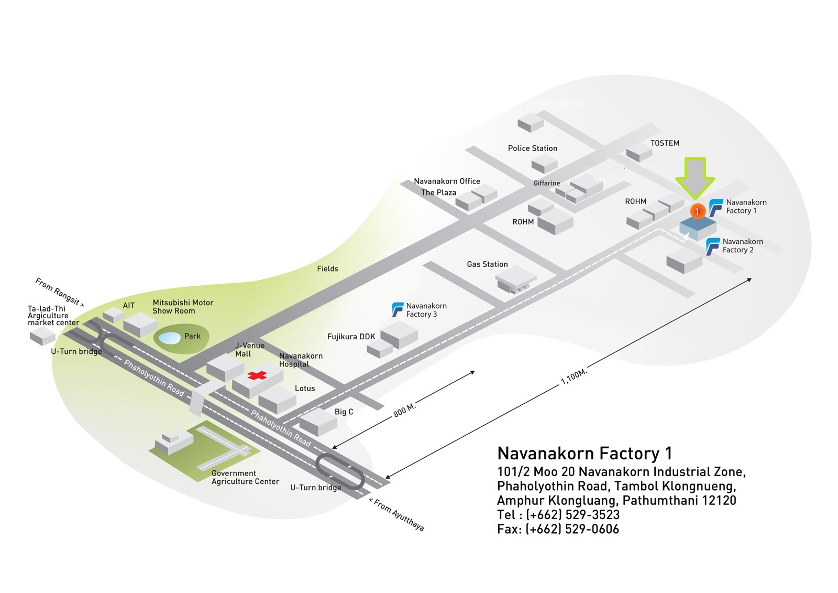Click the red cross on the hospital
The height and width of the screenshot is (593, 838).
click(x=257, y=375)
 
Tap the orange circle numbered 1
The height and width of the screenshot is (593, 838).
click(x=697, y=211)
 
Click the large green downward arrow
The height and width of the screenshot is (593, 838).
click(x=695, y=178)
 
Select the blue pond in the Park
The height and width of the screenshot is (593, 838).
click(x=170, y=338)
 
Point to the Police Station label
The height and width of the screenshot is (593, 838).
click(x=532, y=148)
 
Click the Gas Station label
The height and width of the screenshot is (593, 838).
click(x=487, y=264)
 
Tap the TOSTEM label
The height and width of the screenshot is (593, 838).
click(x=665, y=143)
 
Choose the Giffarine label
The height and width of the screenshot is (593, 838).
click(x=547, y=183)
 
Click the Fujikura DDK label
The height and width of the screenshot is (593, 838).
click(x=351, y=337)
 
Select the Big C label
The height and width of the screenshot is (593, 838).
click(x=344, y=412)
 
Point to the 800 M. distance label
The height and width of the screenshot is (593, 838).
click(x=404, y=410)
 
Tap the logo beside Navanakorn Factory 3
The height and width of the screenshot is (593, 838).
click(x=398, y=310)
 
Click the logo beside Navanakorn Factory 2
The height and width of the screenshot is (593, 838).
click(x=713, y=246)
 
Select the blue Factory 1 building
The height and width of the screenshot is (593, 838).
click(x=698, y=228)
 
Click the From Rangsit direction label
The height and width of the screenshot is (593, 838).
click(x=60, y=292)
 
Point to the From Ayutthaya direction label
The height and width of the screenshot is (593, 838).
click(x=396, y=514)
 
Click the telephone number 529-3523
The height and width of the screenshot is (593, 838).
click(x=592, y=515)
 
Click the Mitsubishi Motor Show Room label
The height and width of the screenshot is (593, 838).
click(x=183, y=306)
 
